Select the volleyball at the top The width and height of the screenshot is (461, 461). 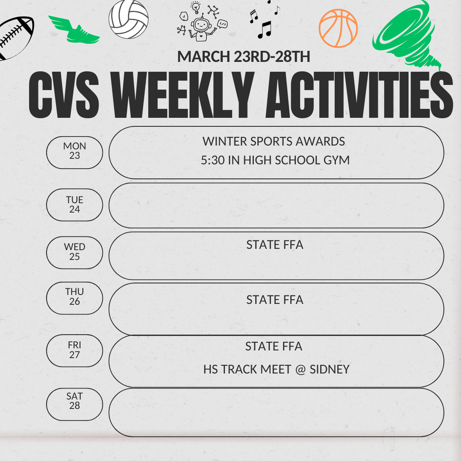point(128,20)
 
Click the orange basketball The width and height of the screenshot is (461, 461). point(338,28)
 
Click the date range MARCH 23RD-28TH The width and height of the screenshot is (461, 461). point(244,57)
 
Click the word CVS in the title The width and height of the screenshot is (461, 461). point(63,95)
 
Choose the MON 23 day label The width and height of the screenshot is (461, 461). point(75,151)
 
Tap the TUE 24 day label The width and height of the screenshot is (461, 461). point(75,205)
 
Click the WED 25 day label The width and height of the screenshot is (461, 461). point(75,252)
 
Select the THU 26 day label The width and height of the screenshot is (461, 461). point(75,297)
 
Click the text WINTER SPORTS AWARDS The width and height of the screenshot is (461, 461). point(274,141)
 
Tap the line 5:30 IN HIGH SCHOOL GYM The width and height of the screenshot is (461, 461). point(275,160)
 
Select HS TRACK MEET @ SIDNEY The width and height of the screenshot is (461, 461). point(276,370)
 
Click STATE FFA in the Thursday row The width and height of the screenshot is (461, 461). point(275,300)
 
